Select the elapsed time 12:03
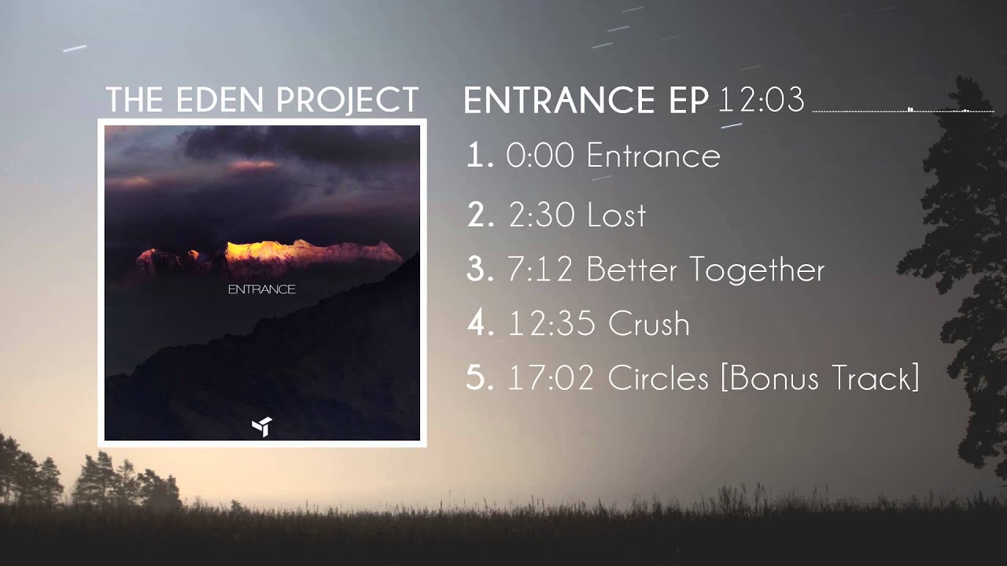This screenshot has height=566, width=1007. click(x=762, y=100)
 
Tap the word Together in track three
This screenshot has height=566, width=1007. click(x=758, y=270)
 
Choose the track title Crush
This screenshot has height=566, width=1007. click(x=649, y=324)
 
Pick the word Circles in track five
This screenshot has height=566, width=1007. click(x=658, y=378)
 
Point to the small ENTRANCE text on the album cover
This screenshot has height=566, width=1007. click(x=261, y=289)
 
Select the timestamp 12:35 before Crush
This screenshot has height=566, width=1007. click(x=552, y=324)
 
